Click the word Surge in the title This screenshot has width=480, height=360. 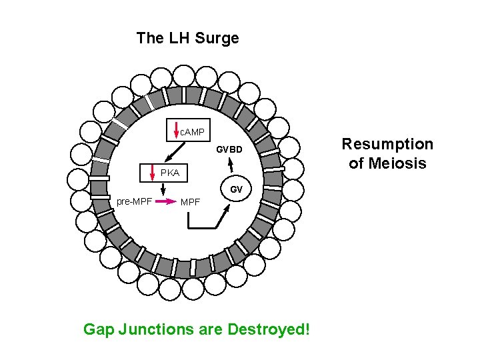pyautogui.click(x=217, y=38)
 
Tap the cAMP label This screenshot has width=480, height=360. pyautogui.click(x=193, y=131)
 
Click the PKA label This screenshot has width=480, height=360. pyautogui.click(x=169, y=173)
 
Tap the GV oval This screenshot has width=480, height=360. pyautogui.click(x=236, y=189)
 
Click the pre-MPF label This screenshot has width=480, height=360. pyautogui.click(x=134, y=201)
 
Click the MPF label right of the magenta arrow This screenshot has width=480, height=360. pyautogui.click(x=190, y=201)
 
